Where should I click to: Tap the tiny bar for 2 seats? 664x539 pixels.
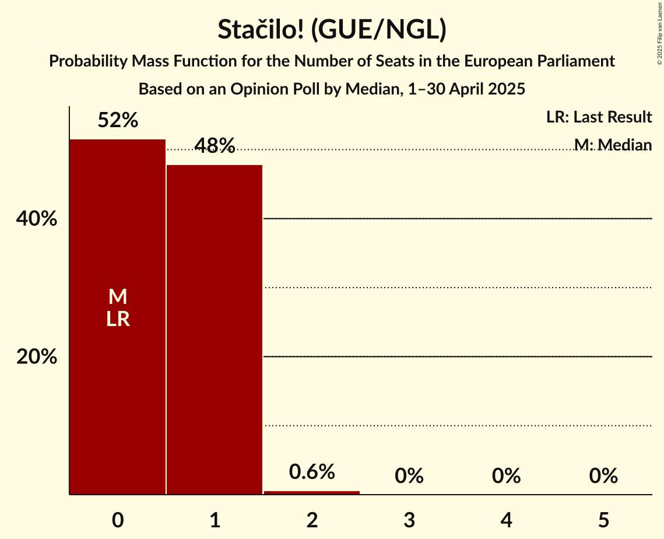(312, 492)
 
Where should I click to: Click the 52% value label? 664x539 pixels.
(117, 121)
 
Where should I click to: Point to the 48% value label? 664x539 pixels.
(215, 146)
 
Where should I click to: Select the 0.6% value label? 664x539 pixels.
(312, 471)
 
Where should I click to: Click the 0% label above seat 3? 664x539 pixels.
(409, 476)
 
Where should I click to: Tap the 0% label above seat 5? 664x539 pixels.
(603, 476)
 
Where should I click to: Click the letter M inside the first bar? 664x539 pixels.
(117, 297)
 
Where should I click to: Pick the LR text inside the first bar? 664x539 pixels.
(117, 319)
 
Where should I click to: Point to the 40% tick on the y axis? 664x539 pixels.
(37, 219)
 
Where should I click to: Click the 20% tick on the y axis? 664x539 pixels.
(37, 357)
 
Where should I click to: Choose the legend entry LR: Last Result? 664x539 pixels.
(599, 117)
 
